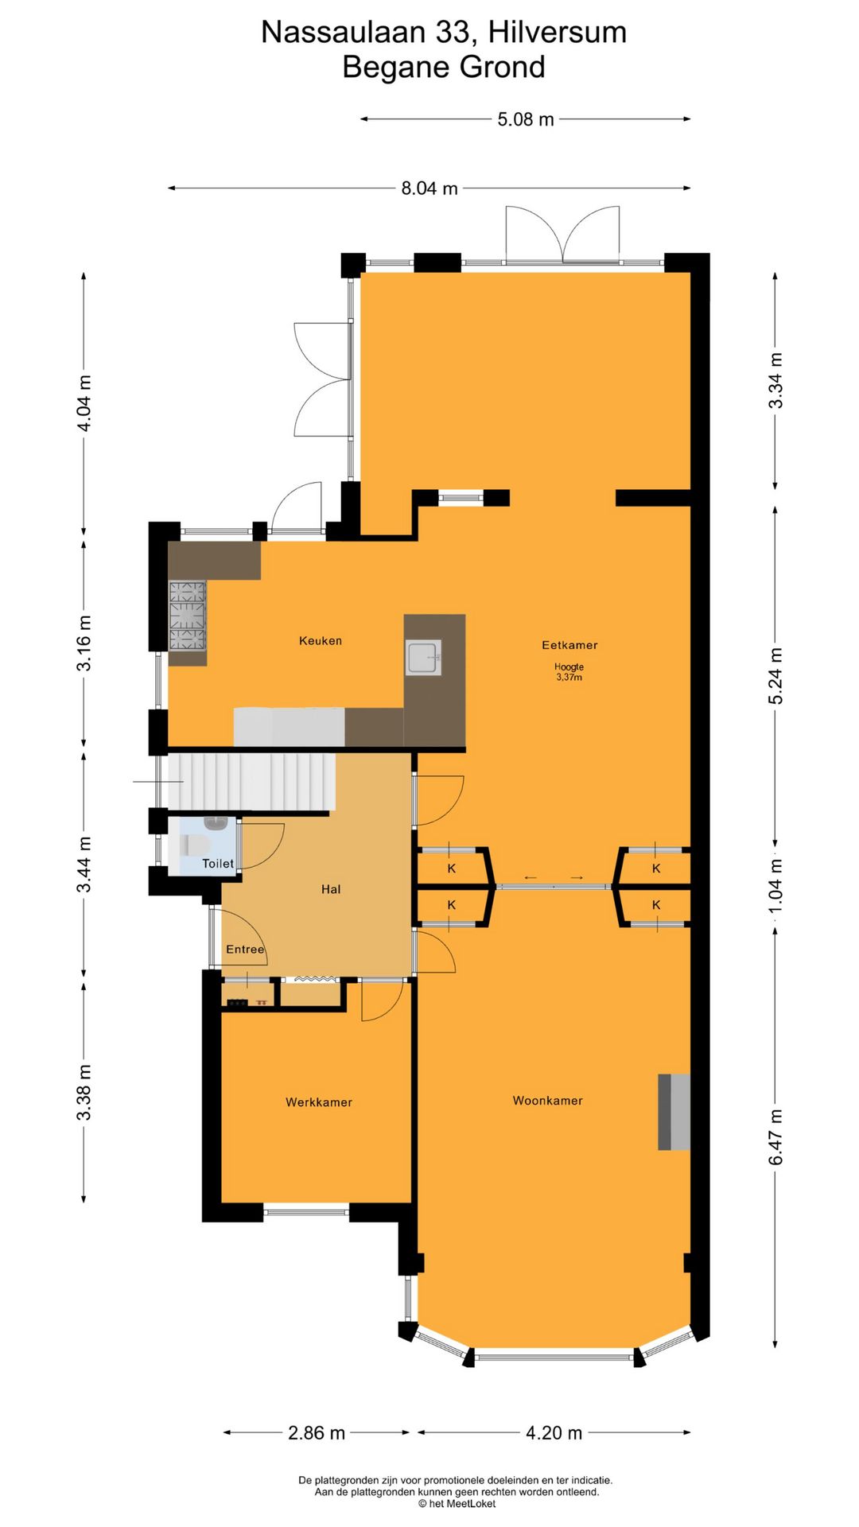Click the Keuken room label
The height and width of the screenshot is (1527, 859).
pos(321,640)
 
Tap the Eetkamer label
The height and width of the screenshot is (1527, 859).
pos(569,645)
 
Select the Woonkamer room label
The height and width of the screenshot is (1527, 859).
pos(547,1101)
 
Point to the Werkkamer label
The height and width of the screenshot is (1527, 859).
pos(318,1102)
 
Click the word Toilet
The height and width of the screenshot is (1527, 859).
pos(218,864)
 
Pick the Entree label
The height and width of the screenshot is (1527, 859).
pos(245,950)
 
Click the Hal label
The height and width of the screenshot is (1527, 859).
pos(331,889)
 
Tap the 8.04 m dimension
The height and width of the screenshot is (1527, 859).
pos(429,188)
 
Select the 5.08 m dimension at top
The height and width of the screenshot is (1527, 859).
pos(526,119)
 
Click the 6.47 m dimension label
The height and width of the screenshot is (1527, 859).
pos(775,1137)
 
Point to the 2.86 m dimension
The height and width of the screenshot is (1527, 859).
pos(317,1433)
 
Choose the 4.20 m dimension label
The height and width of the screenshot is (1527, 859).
pos(554,1433)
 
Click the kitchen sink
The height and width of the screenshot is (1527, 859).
pos(423,658)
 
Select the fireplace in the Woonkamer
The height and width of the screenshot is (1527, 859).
pos(674,1112)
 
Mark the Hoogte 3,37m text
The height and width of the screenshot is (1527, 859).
pos(569,672)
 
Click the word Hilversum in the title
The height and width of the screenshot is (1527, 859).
pos(558,33)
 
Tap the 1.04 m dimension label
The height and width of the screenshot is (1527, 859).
pos(775,885)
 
